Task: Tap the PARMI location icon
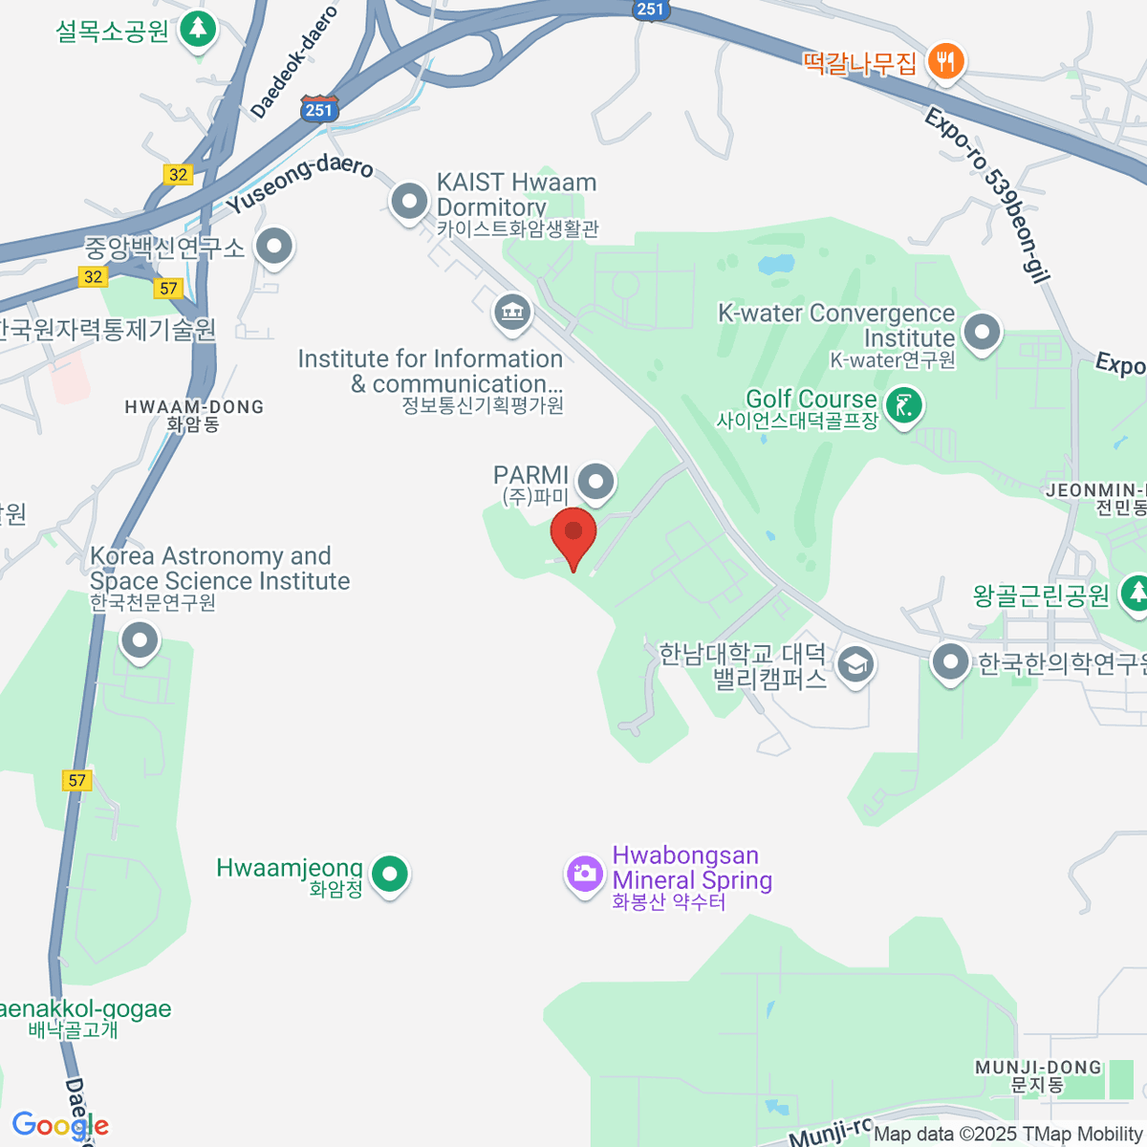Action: tap(596, 481)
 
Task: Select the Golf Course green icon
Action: tap(902, 405)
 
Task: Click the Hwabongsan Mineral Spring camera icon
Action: tap(583, 872)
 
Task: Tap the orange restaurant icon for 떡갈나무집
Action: tap(945, 61)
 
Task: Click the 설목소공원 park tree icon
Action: tap(199, 29)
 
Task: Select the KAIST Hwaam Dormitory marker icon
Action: tap(410, 202)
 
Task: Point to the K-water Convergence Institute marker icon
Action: tap(981, 332)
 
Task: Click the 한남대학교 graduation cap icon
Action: tap(855, 663)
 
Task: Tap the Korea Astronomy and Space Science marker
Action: tap(140, 640)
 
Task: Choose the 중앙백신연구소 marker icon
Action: tap(275, 246)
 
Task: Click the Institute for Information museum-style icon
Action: tap(512, 312)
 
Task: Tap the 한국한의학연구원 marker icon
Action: tap(950, 661)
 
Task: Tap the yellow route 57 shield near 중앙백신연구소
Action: tap(168, 289)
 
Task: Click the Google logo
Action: tap(59, 1125)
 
